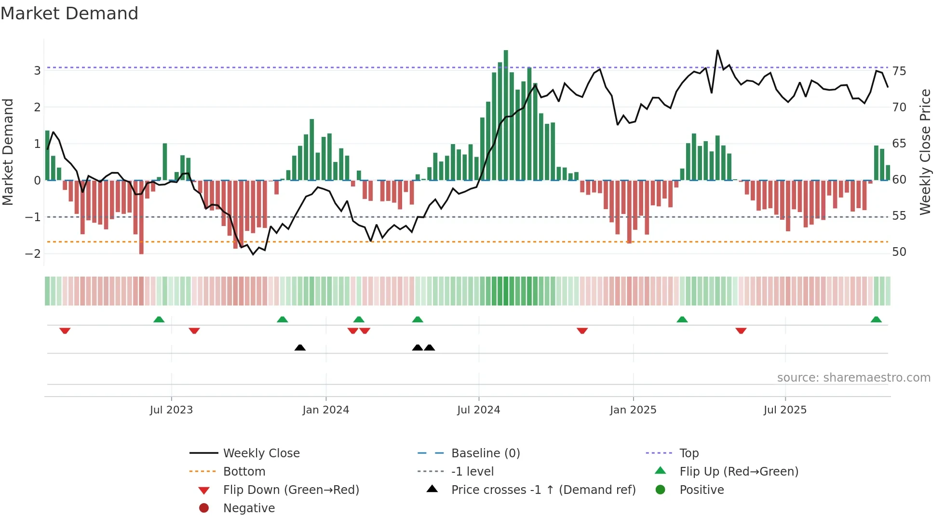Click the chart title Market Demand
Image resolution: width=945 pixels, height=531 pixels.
pyautogui.click(x=69, y=13)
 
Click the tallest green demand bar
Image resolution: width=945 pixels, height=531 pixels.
pyautogui.click(x=506, y=116)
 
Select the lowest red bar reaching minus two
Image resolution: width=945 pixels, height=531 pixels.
pyautogui.click(x=141, y=217)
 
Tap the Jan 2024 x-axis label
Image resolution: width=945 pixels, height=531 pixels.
pyautogui.click(x=325, y=410)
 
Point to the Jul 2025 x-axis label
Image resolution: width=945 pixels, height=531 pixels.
pyautogui.click(x=785, y=410)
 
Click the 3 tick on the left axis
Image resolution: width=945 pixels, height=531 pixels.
pyautogui.click(x=37, y=71)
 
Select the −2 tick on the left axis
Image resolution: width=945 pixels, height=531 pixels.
pyautogui.click(x=33, y=253)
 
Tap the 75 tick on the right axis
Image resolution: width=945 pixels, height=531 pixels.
pyautogui.click(x=899, y=71)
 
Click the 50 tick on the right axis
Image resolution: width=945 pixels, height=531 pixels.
pyautogui.click(x=899, y=252)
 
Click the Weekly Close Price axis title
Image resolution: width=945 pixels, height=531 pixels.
pyautogui.click(x=925, y=152)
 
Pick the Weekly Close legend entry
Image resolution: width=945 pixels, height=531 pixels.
pyautogui.click(x=261, y=453)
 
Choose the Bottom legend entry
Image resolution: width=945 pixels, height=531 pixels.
pyautogui.click(x=244, y=472)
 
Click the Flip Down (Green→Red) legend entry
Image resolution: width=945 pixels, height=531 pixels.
pyautogui.click(x=291, y=490)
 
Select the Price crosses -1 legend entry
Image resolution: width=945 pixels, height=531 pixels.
pyautogui.click(x=543, y=490)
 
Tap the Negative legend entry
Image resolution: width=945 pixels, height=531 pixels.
pyautogui.click(x=249, y=508)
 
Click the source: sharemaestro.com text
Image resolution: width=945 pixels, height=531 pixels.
pyautogui.click(x=853, y=378)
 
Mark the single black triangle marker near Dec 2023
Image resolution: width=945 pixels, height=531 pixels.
pyautogui.click(x=300, y=347)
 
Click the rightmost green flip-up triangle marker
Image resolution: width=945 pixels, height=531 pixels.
pyautogui.click(x=876, y=319)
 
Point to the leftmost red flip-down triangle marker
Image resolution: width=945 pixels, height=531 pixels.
pyautogui.click(x=65, y=331)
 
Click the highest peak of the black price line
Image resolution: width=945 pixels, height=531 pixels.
pyautogui.click(x=717, y=51)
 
